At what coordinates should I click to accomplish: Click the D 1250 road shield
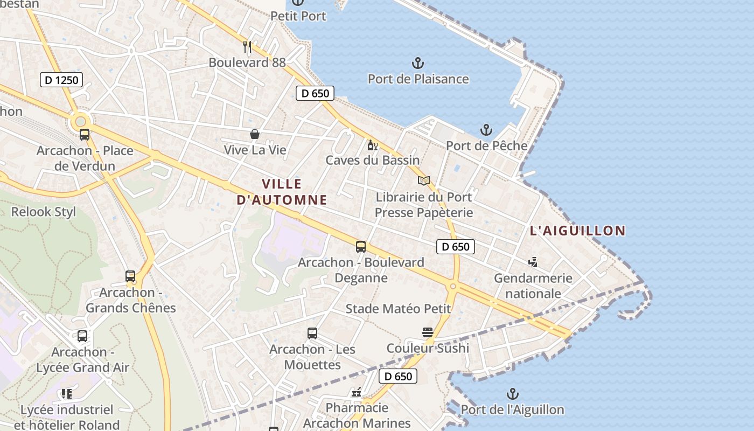tap(61, 80)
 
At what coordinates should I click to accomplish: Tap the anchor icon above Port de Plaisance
tap(418, 64)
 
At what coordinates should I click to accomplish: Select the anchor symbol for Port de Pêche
tap(486, 130)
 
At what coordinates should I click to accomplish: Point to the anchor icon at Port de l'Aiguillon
tap(513, 394)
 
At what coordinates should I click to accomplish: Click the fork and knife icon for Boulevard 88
tap(247, 47)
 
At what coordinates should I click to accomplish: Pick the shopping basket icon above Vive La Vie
tap(255, 134)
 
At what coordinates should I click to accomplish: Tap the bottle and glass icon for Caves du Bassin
tap(372, 145)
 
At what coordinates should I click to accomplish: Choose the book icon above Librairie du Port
tap(424, 181)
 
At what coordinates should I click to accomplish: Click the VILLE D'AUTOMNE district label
tap(282, 192)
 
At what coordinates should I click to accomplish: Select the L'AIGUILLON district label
tap(578, 231)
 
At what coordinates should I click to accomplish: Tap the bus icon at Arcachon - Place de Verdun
tap(85, 135)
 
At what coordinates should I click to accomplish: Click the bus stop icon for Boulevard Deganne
tap(361, 247)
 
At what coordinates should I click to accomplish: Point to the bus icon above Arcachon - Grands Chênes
tap(130, 276)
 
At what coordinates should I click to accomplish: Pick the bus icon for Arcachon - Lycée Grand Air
tap(82, 336)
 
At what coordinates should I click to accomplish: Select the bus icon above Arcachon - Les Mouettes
tap(312, 333)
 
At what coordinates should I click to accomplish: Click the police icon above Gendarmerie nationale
tap(533, 262)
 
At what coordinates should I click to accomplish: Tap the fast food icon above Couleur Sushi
tap(428, 332)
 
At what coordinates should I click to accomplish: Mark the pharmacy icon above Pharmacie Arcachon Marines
tap(357, 392)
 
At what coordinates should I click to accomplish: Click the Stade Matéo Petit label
tap(398, 309)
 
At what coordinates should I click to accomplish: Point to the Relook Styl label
tap(44, 212)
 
